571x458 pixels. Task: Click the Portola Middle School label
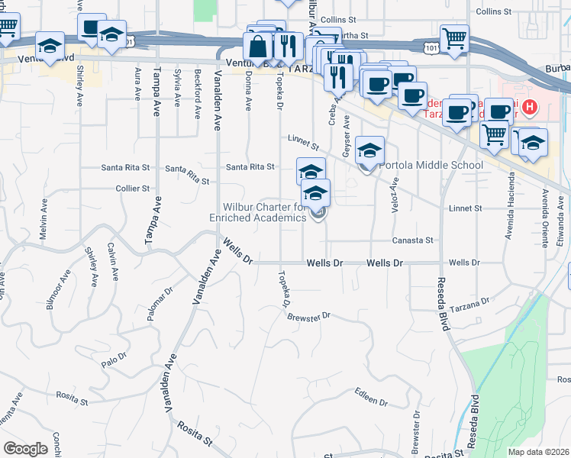pos(431,166)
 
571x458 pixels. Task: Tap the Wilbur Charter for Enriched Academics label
pos(263,212)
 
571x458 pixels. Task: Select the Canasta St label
pos(412,240)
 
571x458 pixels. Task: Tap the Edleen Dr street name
pos(373,398)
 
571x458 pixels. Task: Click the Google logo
pos(26,449)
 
